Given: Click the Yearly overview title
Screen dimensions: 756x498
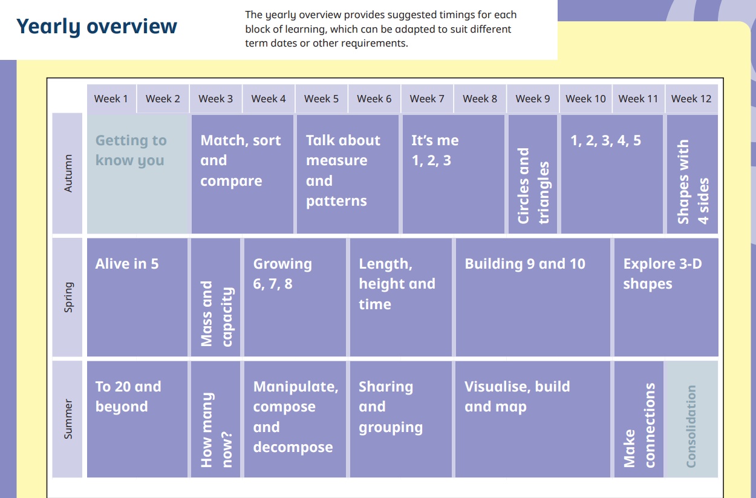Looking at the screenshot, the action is pos(97,27).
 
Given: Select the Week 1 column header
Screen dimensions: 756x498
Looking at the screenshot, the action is pos(111,99).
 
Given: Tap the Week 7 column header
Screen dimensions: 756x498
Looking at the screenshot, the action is pos(427,99).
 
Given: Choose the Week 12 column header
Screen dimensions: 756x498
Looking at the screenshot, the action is pos(691,99).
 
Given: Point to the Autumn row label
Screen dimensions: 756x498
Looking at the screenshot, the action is pos(68,174).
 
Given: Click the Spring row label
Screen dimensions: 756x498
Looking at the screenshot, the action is pos(68,297).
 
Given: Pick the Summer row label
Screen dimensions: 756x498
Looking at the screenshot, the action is pos(68,419).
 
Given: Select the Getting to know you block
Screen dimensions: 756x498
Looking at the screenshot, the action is pos(138,174).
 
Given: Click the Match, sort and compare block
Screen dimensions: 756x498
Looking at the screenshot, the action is pos(243,174).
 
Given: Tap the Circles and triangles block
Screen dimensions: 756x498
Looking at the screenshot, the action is pos(533,174).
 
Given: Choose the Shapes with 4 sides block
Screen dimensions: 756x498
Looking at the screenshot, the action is pos(692,174).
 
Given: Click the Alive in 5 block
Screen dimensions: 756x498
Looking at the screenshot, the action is pos(137,297).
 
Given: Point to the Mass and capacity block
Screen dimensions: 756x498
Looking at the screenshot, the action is pos(216,297).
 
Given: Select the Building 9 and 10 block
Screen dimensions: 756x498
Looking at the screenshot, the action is pos(533,297).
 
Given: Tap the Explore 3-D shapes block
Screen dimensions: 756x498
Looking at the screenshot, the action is pos(666,297).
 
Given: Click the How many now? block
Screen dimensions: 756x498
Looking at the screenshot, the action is pos(216,419).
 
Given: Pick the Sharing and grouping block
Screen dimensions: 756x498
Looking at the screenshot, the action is pos(400,419).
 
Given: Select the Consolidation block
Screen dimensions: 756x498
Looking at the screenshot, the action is pos(691,419).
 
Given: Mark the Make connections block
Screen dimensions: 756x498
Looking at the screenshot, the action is pos(639,419).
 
